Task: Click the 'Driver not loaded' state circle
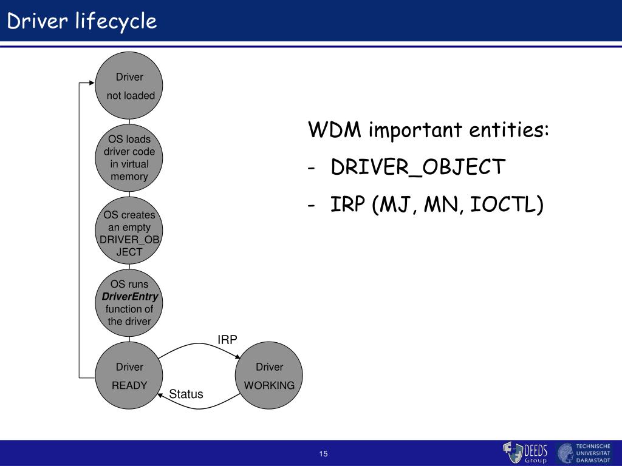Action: point(129,86)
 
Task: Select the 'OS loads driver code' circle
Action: point(129,158)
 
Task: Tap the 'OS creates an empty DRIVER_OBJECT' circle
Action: point(129,232)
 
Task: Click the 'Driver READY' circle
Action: point(129,376)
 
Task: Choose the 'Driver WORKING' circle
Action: point(269,376)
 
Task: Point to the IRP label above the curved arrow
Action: point(227,340)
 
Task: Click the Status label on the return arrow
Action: point(186,394)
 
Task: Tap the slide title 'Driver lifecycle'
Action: point(82,21)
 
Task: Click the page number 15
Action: point(323,454)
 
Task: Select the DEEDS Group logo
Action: point(526,453)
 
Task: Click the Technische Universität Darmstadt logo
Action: point(587,453)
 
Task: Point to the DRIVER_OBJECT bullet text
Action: point(418,167)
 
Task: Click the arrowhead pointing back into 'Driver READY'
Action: point(160,394)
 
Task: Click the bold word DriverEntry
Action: point(129,297)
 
